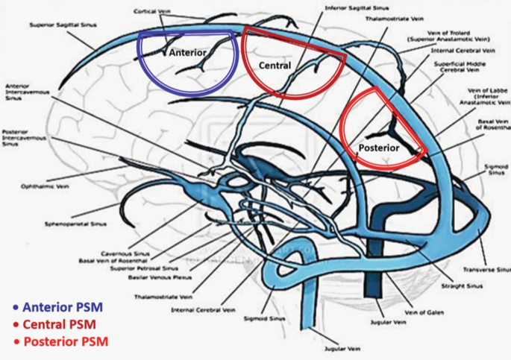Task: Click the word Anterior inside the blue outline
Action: (188, 53)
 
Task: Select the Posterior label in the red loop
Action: (379, 148)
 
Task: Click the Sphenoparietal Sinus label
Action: (67, 223)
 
